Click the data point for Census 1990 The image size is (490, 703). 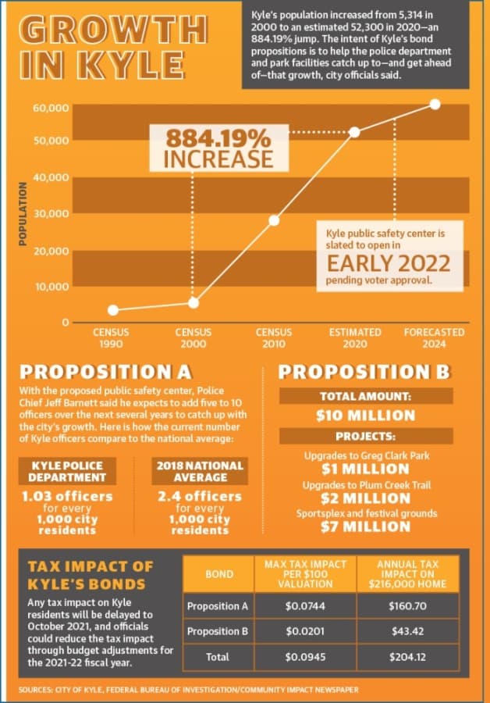(x=113, y=310)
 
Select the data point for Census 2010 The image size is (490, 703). (x=274, y=220)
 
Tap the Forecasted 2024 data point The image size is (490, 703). (x=435, y=104)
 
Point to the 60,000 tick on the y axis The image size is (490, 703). (x=51, y=108)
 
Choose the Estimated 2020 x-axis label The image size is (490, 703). (x=355, y=338)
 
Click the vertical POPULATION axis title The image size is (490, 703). (x=23, y=214)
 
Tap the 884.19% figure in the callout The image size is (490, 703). (x=218, y=137)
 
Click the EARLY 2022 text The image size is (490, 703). (x=389, y=263)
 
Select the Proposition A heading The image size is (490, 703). (x=105, y=372)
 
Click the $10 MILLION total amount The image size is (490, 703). (x=365, y=416)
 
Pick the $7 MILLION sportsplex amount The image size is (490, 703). (x=365, y=526)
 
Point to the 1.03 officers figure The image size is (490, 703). (x=67, y=496)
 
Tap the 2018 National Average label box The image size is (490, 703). (x=200, y=471)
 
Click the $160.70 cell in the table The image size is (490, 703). (x=407, y=606)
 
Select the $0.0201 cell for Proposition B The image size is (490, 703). (x=305, y=631)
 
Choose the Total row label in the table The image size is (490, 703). (x=218, y=657)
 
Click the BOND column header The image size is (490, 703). (x=219, y=574)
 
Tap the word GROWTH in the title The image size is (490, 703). (x=113, y=30)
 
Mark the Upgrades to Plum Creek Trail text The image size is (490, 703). (x=367, y=485)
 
